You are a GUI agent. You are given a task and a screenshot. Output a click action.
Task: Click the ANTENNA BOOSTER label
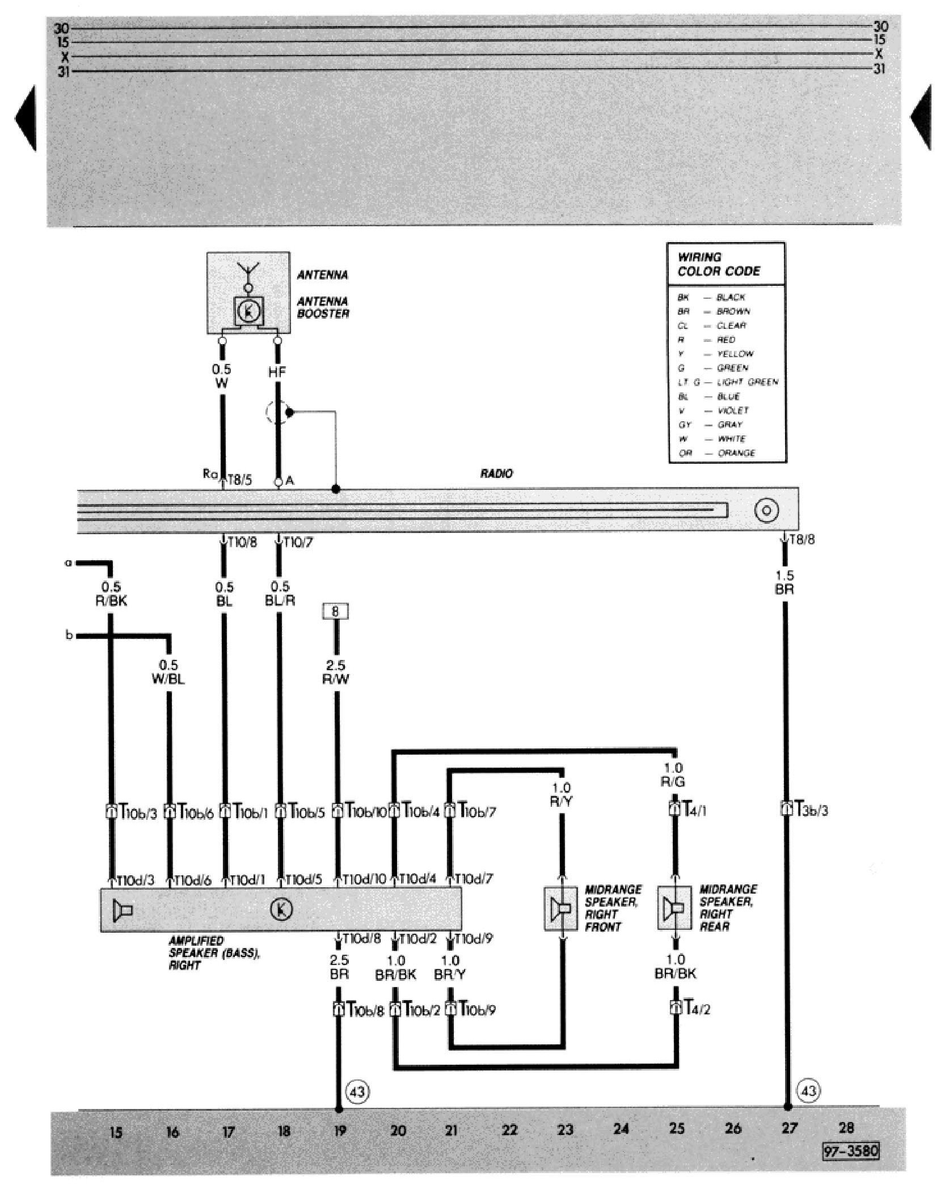323,307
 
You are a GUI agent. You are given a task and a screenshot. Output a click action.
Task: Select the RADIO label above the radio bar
496,473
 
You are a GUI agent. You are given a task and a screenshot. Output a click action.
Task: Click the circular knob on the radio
766,510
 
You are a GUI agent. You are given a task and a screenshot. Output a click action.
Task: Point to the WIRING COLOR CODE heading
719,264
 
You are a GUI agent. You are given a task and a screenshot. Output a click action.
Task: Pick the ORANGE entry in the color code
736,453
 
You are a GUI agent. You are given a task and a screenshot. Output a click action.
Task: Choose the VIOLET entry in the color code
732,410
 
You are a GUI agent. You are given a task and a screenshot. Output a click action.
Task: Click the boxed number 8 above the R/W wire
336,611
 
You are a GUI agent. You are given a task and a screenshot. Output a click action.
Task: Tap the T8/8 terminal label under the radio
802,540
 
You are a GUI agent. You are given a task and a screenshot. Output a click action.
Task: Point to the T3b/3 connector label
812,811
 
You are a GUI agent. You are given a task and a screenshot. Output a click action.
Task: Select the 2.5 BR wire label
339,967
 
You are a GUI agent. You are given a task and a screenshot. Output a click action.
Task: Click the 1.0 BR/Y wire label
450,967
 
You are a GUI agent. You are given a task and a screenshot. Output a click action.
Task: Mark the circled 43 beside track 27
808,1090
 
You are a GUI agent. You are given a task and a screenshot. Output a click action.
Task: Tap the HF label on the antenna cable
277,372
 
